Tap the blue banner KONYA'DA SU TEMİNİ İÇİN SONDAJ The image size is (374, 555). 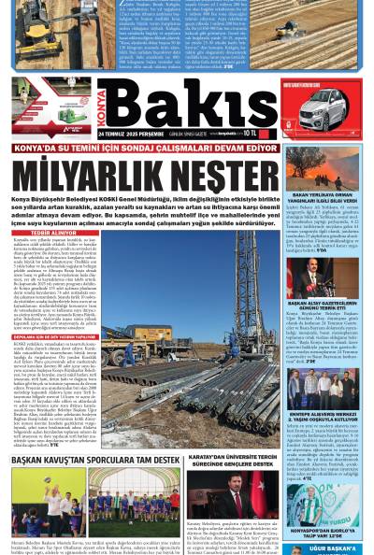[x=140, y=149]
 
